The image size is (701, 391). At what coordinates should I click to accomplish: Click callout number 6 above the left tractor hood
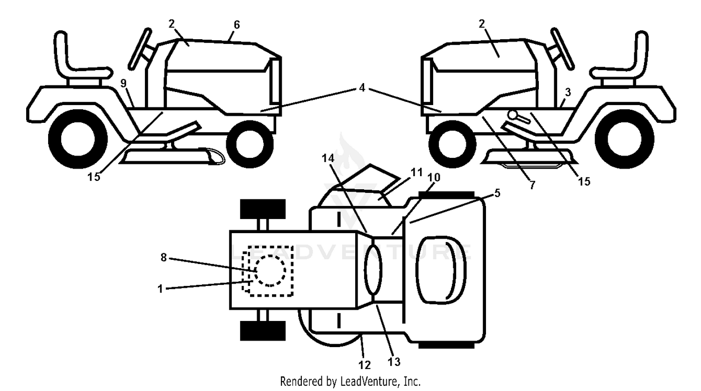236,25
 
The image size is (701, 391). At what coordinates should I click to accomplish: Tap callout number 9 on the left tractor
123,83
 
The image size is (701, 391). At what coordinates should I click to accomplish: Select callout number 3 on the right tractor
568,92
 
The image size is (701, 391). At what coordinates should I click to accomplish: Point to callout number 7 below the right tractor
532,185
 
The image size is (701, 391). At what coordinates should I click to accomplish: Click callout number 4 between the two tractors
362,88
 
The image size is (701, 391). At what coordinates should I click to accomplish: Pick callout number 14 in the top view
328,158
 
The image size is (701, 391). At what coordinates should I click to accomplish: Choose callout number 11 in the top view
416,172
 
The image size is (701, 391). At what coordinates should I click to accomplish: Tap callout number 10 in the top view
434,178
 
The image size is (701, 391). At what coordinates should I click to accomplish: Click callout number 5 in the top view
497,193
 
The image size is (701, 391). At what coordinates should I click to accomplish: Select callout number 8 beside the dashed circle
164,257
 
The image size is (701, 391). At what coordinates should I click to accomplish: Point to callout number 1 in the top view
160,288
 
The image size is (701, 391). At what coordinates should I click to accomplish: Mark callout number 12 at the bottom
365,365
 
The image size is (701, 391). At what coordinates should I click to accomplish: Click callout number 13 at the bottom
394,362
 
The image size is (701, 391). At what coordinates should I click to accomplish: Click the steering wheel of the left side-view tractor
140,49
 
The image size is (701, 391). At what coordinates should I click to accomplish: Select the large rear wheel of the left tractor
78,139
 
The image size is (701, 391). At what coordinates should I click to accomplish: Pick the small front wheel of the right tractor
452,144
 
